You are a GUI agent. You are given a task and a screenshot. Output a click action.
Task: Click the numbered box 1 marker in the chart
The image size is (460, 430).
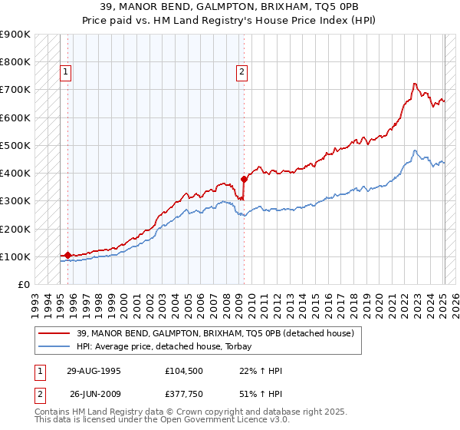tap(65, 73)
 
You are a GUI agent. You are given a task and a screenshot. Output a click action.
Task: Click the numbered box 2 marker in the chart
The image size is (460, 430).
tap(242, 73)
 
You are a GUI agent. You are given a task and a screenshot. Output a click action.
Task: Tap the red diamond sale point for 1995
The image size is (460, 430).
tap(67, 255)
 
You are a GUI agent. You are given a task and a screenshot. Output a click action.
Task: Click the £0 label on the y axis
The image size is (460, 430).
tap(23, 284)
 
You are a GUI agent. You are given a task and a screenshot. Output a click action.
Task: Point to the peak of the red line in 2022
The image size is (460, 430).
tap(414, 83)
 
